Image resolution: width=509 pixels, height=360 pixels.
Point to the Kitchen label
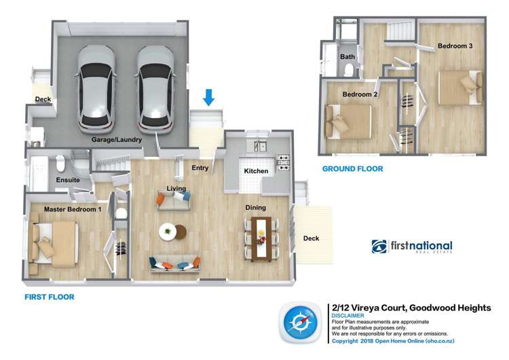click(257, 171)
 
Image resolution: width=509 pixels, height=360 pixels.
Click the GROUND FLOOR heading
click(352, 168)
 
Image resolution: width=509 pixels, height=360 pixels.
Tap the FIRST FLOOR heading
click(49, 297)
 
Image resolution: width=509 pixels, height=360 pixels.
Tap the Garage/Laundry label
click(117, 140)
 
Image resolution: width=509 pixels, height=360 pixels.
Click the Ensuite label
click(68, 180)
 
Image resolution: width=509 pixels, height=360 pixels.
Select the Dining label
click(256, 208)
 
